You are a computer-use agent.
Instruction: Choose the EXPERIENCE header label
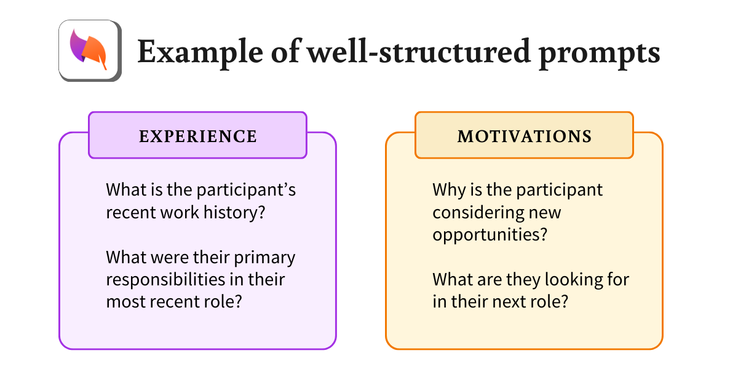pos(197,136)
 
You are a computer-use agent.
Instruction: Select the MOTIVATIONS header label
pos(524,136)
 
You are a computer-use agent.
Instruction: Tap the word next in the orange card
pos(511,301)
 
